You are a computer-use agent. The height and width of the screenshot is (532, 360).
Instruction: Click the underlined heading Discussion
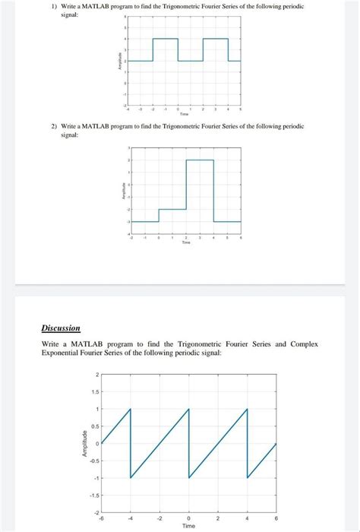tap(61, 328)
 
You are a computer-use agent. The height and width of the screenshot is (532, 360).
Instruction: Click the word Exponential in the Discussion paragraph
tap(65, 353)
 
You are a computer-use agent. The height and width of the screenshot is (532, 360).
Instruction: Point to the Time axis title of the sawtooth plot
tap(188, 525)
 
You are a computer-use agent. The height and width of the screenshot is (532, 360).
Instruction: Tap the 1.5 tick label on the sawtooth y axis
tap(94, 392)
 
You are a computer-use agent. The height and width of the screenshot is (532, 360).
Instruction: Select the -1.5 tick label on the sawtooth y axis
tap(93, 496)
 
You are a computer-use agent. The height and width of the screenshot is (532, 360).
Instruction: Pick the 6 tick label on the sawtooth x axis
tap(276, 518)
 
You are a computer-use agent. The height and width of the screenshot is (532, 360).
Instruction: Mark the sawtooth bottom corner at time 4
tap(248, 478)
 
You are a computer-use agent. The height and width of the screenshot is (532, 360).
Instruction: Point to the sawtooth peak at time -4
tap(131, 410)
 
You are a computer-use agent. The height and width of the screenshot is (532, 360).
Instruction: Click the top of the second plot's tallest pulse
tap(200, 160)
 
